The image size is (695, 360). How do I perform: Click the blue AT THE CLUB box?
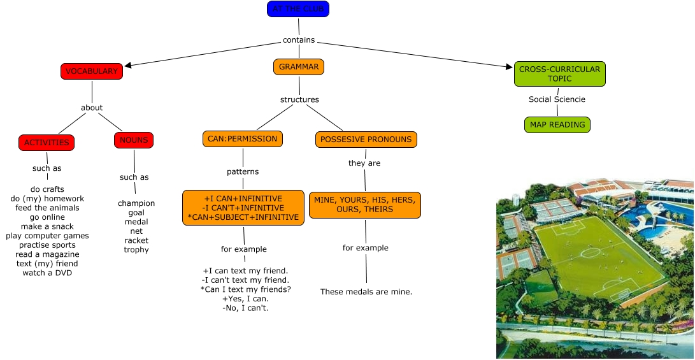298,9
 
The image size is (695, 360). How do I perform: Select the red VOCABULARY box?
92,71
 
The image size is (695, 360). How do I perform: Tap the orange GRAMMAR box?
299,66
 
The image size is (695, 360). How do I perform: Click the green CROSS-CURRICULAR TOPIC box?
559,74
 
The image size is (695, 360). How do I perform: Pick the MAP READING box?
557,125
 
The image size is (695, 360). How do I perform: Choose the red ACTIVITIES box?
47,143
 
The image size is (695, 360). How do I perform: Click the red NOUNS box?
134,140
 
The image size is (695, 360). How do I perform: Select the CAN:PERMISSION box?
243,139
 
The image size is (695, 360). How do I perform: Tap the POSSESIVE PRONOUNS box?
366,140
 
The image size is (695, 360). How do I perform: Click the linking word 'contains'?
299,40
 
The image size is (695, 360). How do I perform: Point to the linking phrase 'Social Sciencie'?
557,99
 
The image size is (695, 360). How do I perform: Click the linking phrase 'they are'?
364,163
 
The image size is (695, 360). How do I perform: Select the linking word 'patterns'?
243,172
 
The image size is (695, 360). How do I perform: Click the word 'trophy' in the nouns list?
136,250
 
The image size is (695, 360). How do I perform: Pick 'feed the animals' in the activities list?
47,208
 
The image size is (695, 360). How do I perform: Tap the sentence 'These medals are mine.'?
366,292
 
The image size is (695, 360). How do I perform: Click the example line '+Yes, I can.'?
245,299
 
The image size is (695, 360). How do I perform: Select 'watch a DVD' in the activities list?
47,273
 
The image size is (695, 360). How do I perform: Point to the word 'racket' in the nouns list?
136,241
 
